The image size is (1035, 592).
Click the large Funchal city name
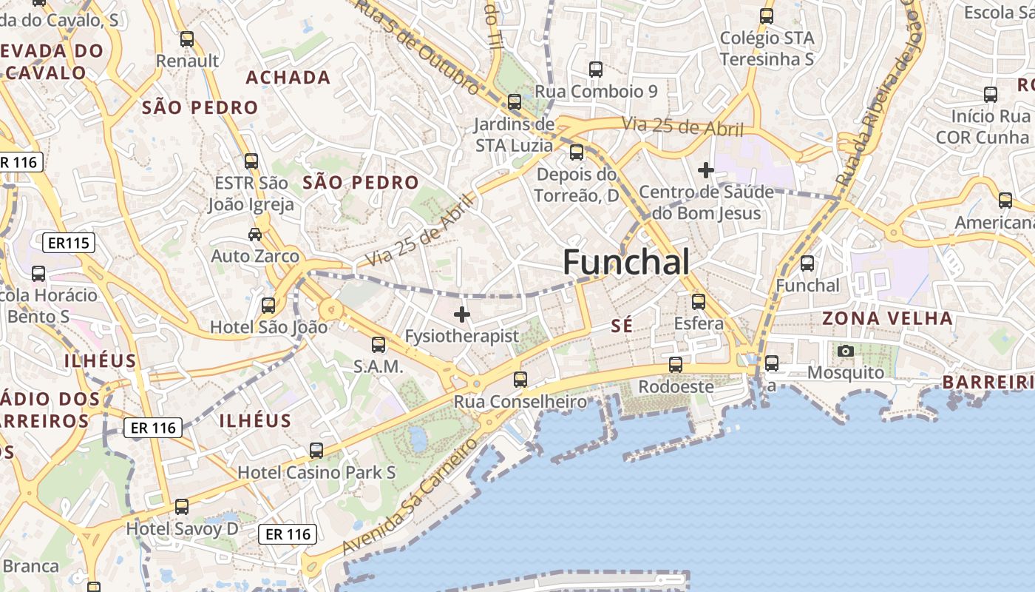point(626,262)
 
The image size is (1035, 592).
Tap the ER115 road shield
point(68,242)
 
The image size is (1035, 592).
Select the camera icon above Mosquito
point(846,351)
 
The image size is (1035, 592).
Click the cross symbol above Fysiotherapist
point(462,314)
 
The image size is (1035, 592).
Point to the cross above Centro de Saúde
point(706,170)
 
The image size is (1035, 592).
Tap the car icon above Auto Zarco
point(255,235)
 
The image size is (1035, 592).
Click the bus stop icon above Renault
point(187,39)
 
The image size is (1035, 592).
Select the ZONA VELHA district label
point(888,318)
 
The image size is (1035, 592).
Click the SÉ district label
point(622,326)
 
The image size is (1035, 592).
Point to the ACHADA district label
point(288,78)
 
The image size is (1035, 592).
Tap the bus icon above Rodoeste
point(676,365)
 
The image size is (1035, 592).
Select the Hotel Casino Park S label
point(316,472)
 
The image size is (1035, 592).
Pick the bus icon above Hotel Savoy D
point(182,507)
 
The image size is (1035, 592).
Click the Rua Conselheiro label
point(520,402)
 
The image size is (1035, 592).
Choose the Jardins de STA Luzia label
point(515,134)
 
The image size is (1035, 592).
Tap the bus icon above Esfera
point(699,302)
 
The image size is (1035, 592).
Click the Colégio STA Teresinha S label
point(767,48)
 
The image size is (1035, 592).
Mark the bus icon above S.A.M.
point(379,345)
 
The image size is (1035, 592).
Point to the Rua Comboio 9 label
point(596,91)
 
